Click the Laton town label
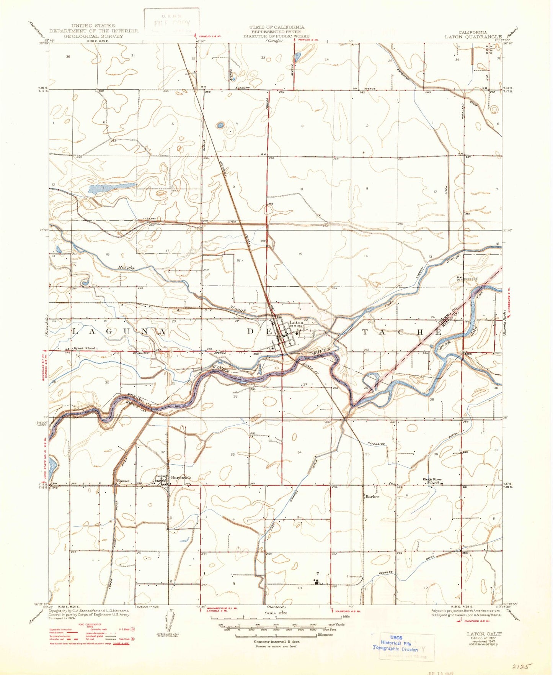coord(297,323)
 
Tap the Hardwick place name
coord(181,478)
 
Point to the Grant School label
coord(84,348)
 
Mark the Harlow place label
coord(372,496)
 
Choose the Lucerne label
coord(354,576)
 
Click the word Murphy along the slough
coord(127,267)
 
